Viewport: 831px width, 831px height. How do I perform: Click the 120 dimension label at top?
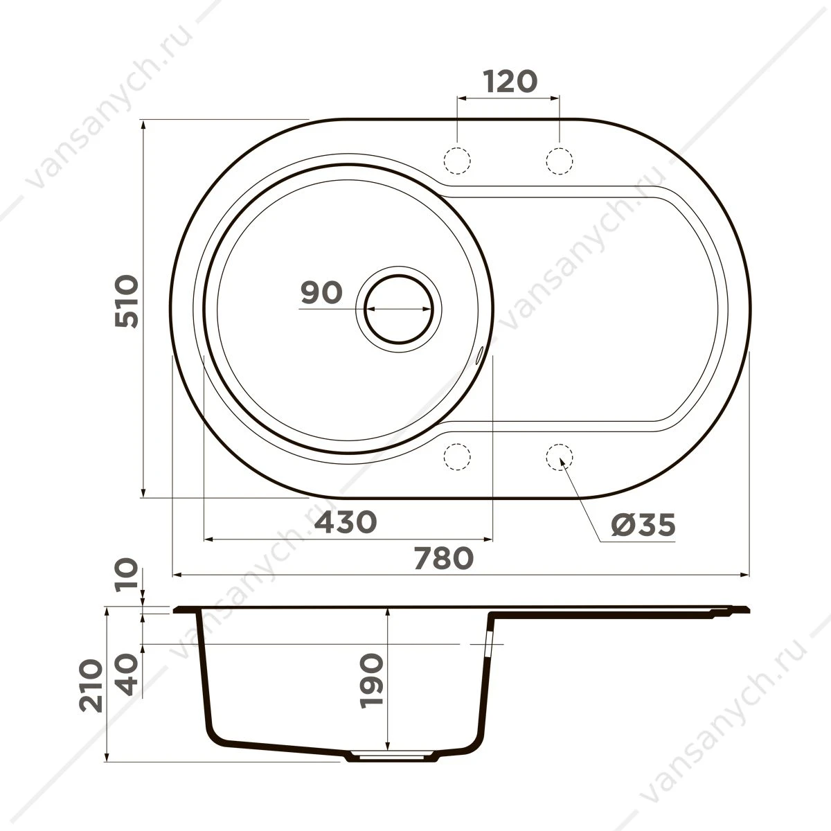510,81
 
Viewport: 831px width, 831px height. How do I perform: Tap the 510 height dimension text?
127,301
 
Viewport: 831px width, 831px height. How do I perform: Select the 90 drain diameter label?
321,292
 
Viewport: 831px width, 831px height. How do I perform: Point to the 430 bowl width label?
346,522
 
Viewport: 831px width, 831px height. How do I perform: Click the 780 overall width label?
444,558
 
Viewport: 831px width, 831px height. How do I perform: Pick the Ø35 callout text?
643,525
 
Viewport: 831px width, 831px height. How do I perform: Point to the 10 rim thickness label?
127,573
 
